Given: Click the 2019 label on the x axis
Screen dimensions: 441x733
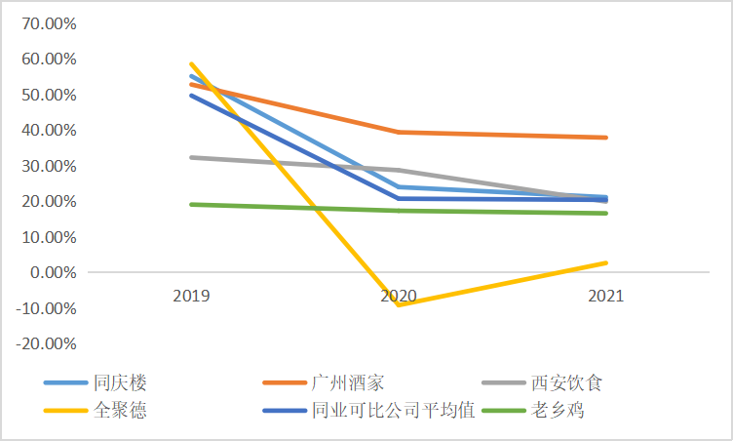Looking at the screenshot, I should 191,295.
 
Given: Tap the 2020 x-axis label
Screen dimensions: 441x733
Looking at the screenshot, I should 399,295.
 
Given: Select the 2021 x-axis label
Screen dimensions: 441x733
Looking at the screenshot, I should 606,295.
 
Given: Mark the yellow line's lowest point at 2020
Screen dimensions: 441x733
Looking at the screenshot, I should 399,305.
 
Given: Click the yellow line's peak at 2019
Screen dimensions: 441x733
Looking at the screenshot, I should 191,63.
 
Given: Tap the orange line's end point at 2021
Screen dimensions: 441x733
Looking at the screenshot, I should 606,138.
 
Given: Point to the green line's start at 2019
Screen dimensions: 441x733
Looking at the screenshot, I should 191,204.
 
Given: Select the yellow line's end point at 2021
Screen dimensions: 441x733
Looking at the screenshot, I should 606,262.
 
